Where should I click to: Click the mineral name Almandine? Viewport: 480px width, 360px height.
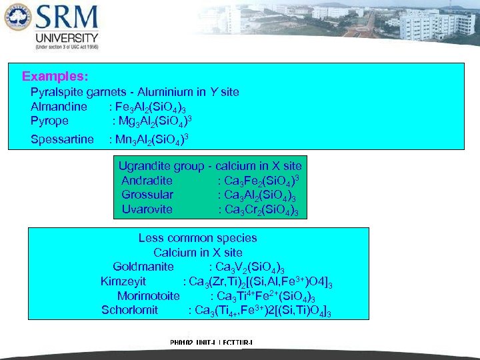tap(59, 107)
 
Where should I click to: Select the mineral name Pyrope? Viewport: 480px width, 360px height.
tap(49, 121)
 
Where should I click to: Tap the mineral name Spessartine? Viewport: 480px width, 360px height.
tap(62, 139)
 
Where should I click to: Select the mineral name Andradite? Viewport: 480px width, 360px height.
tap(147, 181)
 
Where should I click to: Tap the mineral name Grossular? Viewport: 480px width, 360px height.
tap(147, 195)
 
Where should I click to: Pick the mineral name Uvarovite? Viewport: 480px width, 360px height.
tap(147, 209)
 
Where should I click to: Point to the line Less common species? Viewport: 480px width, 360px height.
tap(197, 238)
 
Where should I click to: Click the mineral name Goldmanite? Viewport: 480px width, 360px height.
tap(143, 267)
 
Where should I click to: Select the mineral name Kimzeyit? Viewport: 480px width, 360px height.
tap(123, 281)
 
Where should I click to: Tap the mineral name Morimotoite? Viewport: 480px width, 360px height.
tap(148, 296)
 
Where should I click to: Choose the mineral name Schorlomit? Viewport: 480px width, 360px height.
tap(130, 310)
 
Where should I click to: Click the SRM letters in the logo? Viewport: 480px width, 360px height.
tap(67, 19)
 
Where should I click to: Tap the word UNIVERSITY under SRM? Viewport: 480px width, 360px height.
tap(66, 39)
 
